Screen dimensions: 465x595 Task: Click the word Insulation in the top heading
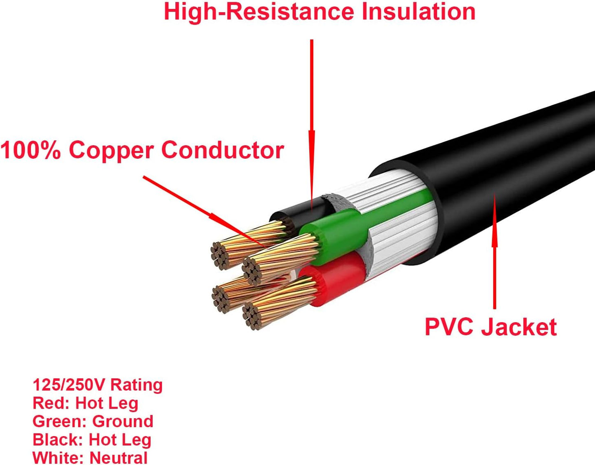418,12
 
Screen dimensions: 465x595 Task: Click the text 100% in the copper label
30,150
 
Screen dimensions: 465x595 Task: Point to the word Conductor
222,150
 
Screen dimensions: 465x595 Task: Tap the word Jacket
520,327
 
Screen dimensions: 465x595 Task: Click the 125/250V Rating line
98,385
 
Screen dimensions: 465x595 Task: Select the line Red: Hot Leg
85,403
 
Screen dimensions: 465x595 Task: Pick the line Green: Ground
93,421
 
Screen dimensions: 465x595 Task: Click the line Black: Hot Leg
92,440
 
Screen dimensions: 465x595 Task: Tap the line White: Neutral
90,458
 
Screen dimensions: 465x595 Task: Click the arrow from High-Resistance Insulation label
312,123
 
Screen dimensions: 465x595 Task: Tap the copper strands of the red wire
280,300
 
